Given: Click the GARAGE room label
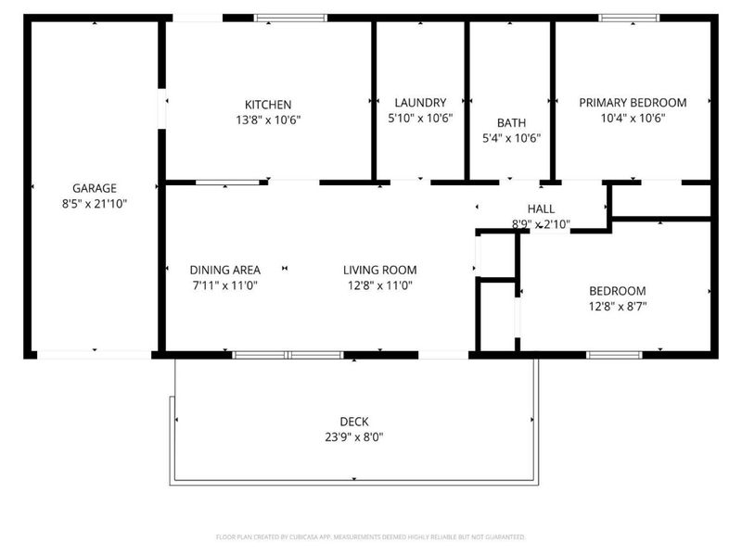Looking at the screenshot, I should click(x=95, y=188).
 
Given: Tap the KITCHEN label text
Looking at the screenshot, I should click(x=268, y=104).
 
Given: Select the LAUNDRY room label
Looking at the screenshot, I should click(x=420, y=103).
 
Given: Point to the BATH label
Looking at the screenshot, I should click(x=511, y=122).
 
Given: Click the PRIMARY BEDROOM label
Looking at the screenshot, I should click(x=633, y=103).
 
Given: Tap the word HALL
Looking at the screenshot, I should click(x=541, y=209).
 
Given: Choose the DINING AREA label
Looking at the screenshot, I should click(x=224, y=270).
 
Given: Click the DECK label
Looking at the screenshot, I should click(x=353, y=422).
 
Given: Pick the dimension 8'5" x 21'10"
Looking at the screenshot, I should click(x=95, y=203).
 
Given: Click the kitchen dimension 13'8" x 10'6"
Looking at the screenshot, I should click(x=268, y=119).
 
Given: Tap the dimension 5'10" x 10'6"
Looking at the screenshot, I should click(x=420, y=118).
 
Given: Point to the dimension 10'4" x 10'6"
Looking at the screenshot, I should click(x=633, y=118).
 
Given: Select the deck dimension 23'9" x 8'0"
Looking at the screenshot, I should click(x=353, y=436).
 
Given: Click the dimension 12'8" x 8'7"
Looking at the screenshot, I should click(x=617, y=306).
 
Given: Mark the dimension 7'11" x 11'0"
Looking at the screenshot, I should click(x=224, y=285).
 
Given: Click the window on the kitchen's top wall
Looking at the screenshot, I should click(x=290, y=17).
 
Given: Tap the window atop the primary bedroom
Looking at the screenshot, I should click(x=628, y=17).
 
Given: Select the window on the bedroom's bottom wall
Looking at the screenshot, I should click(x=615, y=354).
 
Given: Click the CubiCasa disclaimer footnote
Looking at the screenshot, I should click(x=370, y=537).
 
